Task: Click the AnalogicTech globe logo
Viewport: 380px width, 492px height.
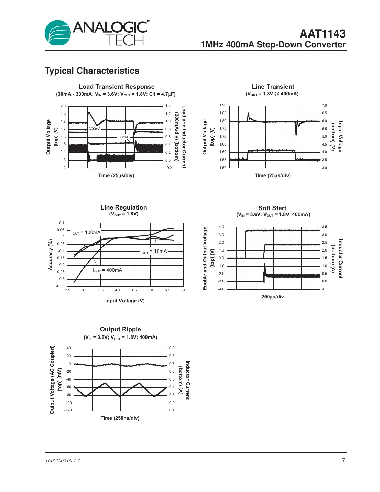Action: [x=58, y=33]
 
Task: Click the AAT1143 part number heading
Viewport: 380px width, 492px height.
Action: [x=322, y=34]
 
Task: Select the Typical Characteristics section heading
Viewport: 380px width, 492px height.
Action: [x=92, y=71]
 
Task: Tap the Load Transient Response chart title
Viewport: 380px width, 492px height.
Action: [x=117, y=87]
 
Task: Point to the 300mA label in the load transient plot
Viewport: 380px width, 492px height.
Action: [x=95, y=129]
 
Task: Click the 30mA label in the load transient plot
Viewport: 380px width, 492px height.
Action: [x=123, y=137]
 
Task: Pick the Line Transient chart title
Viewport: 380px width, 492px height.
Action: [x=273, y=87]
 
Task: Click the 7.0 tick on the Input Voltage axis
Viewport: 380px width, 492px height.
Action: [x=324, y=106]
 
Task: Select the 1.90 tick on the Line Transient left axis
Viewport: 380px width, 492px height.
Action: [x=223, y=105]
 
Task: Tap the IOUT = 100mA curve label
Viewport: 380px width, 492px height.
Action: [x=86, y=233]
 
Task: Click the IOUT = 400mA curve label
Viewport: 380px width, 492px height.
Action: [x=107, y=270]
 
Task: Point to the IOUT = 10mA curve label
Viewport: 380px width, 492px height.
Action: [x=154, y=252]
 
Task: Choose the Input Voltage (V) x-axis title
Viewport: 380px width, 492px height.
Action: [x=124, y=301]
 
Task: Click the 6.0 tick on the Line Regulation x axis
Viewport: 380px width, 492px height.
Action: [x=184, y=290]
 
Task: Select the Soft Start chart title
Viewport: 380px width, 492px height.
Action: [x=272, y=208]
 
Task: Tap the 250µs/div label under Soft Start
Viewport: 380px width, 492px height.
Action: [x=272, y=297]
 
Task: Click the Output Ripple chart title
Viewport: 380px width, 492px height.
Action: [x=120, y=329]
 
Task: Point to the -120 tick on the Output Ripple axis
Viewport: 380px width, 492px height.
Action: [x=68, y=410]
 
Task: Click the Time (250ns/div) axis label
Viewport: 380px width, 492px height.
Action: [x=120, y=418]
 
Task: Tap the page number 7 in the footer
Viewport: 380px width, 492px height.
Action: [x=343, y=460]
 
